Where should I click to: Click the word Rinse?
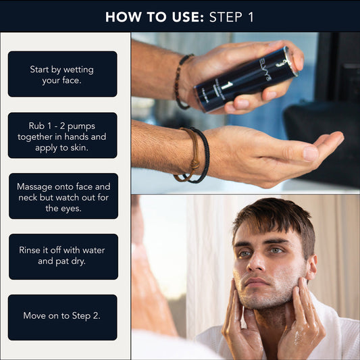[x=32, y=251]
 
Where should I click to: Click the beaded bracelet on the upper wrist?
[x=180, y=81]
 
